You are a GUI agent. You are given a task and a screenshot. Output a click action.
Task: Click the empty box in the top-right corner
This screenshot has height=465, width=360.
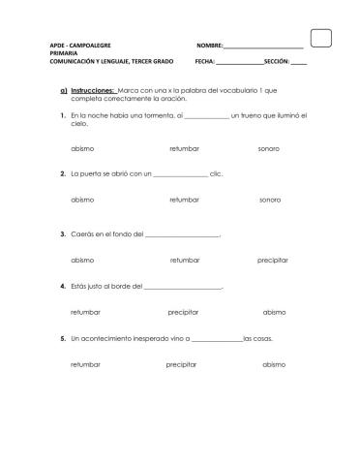[x=323, y=37]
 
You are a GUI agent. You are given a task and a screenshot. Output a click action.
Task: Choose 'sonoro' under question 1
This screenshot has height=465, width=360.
[x=269, y=148]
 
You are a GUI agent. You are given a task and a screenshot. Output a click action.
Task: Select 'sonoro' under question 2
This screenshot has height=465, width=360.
[x=270, y=199]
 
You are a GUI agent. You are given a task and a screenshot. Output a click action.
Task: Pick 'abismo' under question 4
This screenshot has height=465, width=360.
[x=274, y=312]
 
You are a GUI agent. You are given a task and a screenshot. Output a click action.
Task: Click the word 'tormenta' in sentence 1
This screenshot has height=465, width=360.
[x=152, y=115]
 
